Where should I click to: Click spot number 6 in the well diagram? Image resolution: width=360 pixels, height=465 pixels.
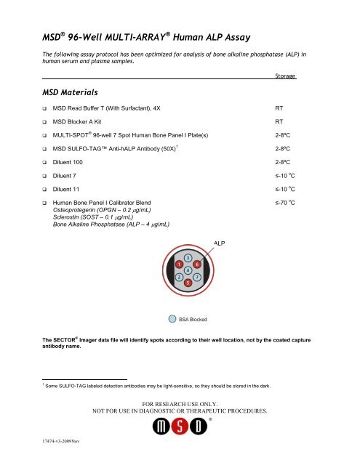(197, 264)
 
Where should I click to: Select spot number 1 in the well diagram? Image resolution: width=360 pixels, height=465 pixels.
(178, 264)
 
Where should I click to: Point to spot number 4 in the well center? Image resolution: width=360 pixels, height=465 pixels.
(188, 270)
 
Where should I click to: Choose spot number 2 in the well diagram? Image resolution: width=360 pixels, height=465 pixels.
(178, 276)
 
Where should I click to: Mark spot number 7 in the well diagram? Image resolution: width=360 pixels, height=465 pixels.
(197, 276)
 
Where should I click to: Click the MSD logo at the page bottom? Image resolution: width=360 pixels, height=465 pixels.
(180, 435)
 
